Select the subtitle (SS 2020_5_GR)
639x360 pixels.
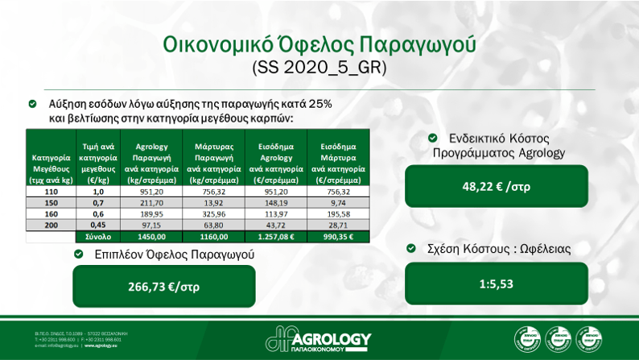(x=319, y=67)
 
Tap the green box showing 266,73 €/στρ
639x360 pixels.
(x=163, y=287)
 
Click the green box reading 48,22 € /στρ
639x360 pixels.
(x=496, y=187)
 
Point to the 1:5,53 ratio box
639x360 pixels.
(x=496, y=283)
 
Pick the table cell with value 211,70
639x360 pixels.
(x=151, y=203)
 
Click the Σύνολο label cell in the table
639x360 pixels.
(x=98, y=237)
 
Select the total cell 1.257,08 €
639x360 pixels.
(x=276, y=237)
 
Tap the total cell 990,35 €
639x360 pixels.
(x=338, y=237)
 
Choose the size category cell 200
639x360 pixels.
(x=52, y=226)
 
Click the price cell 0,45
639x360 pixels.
(x=98, y=226)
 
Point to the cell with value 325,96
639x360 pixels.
(x=213, y=214)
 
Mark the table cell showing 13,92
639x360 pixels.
(x=213, y=203)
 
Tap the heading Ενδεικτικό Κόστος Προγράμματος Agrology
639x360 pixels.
(x=499, y=145)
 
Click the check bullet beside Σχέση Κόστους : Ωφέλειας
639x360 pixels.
(x=411, y=249)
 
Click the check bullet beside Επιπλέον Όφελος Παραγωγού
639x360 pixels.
(x=79, y=254)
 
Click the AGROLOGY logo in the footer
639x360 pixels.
(x=319, y=339)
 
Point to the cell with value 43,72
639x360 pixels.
(x=276, y=226)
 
